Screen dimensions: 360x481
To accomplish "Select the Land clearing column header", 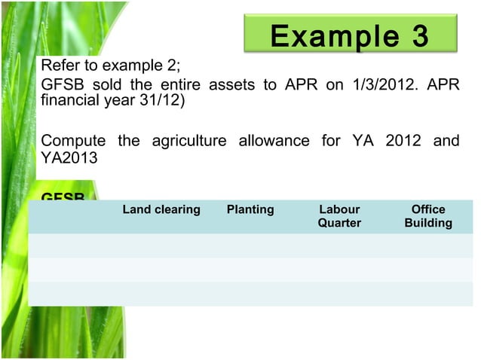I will pos(161,209).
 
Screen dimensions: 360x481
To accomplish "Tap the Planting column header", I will pos(250,209).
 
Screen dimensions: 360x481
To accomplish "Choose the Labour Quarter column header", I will pos(339,216).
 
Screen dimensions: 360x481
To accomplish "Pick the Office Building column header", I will pos(428,216).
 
